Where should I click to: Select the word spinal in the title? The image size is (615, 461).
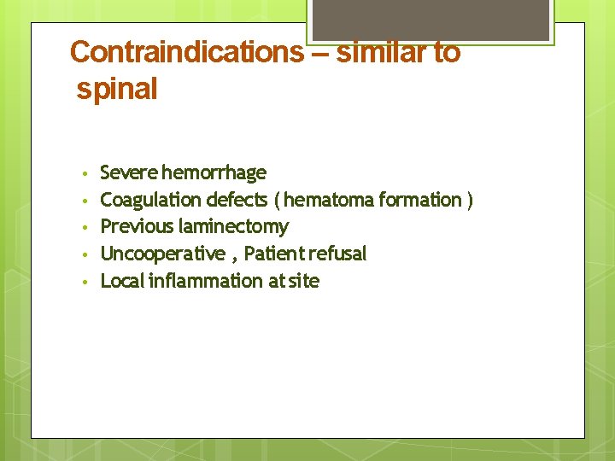117,89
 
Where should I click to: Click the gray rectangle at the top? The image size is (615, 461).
430,20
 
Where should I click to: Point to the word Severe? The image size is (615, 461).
128,173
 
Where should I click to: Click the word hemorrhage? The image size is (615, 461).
214,173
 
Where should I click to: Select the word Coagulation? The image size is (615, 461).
150,200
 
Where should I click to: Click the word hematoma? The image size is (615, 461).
326,200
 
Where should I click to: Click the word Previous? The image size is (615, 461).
137,227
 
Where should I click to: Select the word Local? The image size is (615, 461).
122,281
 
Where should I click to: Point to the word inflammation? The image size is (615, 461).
206,281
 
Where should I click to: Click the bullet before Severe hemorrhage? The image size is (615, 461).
85,174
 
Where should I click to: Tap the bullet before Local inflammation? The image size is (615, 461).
85,282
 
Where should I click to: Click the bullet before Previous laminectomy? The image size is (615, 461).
85,228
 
